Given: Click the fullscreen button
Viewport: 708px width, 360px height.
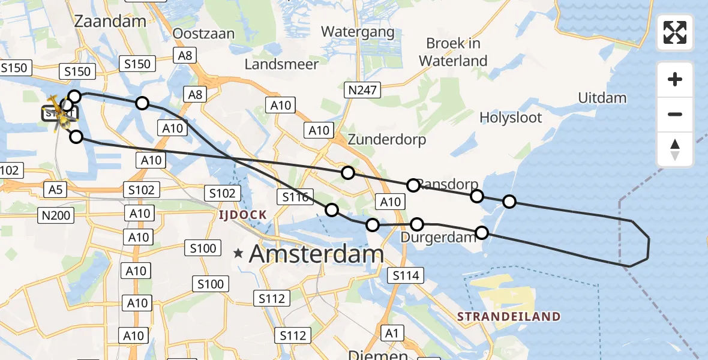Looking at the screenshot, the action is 675,32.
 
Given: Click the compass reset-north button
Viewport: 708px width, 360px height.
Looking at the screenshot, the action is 675,149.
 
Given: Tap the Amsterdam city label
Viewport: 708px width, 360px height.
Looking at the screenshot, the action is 316,254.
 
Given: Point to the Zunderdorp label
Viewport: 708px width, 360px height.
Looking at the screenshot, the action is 387,140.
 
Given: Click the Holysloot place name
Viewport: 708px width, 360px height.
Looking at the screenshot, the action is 511,117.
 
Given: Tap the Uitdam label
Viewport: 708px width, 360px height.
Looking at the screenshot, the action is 602,98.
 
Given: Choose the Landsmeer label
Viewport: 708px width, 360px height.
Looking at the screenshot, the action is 281,64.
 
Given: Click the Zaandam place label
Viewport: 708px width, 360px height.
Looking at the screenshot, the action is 110,22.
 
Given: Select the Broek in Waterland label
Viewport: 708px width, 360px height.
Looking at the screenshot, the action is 453,52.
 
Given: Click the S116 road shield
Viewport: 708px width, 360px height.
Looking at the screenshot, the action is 295,196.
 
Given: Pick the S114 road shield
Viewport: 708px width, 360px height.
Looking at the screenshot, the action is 406,275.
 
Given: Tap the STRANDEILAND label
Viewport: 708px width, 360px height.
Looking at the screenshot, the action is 508,316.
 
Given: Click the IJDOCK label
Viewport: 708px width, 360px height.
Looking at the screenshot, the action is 242,214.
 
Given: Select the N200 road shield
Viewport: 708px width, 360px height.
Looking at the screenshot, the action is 55,215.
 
